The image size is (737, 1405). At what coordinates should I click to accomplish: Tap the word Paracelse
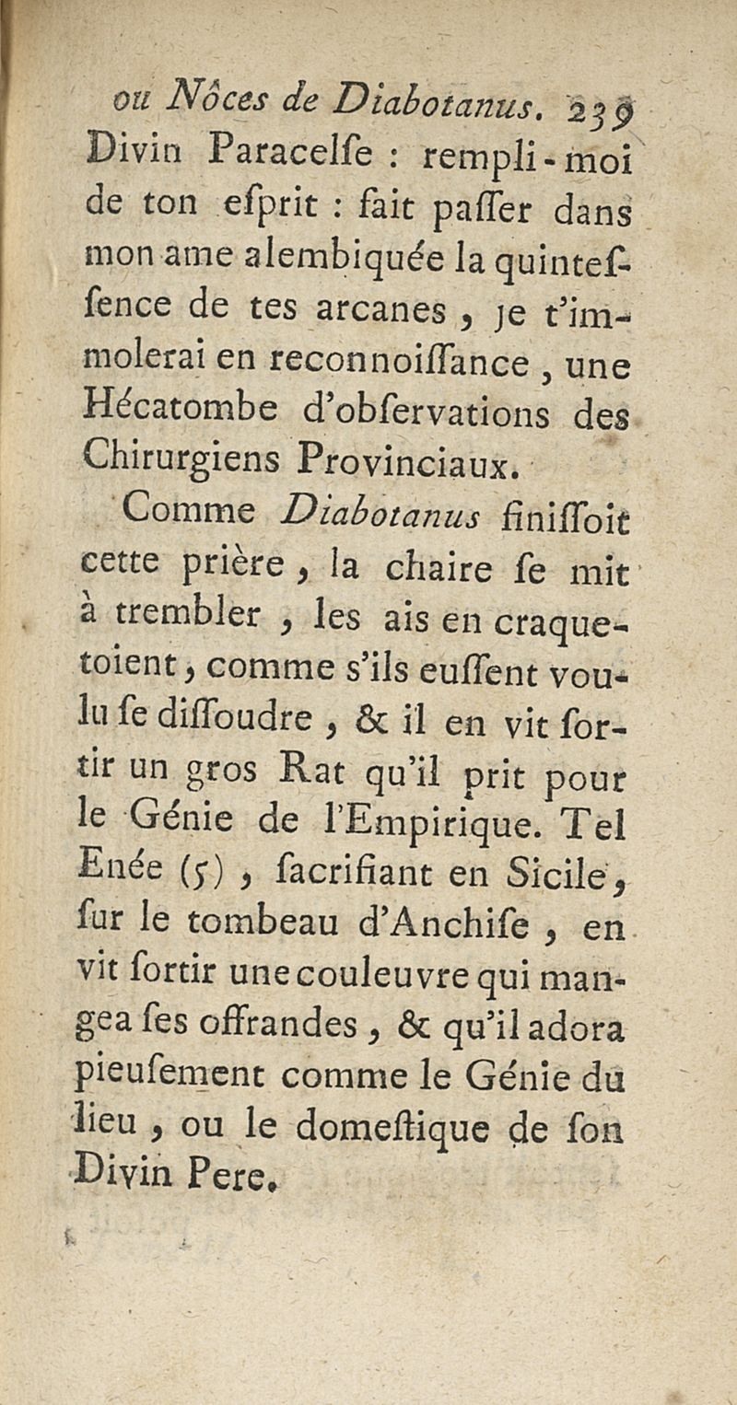pyautogui.click(x=259, y=145)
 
